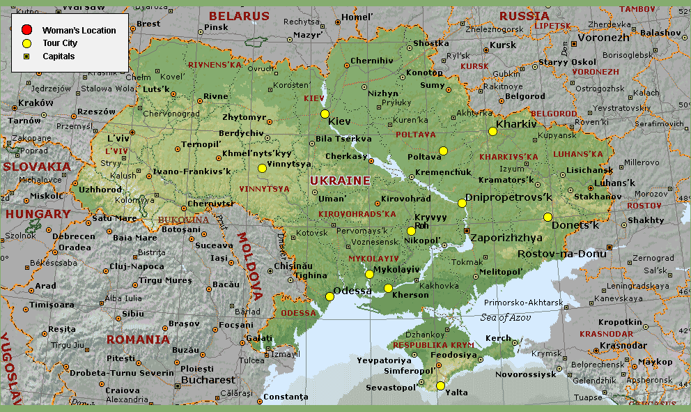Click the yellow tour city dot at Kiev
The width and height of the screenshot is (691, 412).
325,114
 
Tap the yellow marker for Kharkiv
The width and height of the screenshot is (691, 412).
492,131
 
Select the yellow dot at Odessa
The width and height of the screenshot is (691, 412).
329,296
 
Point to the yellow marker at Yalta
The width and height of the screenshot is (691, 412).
440,386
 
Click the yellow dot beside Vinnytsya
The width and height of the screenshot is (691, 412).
262,168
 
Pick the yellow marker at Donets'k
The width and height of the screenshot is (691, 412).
548,216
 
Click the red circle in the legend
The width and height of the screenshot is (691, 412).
26,30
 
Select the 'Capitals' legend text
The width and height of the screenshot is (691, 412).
59,56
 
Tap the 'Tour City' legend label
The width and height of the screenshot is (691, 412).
60,43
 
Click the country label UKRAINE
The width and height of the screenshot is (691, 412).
340,181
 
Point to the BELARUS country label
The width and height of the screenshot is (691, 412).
239,16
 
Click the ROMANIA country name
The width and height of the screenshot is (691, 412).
138,339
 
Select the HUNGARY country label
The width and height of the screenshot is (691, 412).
38,214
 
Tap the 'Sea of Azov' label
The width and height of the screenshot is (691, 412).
505,317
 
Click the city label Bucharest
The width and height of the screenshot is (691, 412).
208,380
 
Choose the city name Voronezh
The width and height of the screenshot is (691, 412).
604,38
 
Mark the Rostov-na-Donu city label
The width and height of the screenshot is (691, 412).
561,254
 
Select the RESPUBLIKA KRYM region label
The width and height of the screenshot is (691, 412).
433,345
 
